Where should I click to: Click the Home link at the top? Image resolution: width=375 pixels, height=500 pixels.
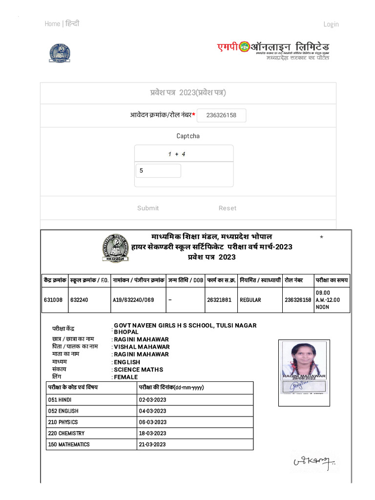point(52,24)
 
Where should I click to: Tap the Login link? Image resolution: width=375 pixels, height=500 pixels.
point(331,24)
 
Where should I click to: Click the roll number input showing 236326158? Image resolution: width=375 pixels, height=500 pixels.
point(222,115)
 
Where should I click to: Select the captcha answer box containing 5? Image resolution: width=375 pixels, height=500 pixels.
point(158,171)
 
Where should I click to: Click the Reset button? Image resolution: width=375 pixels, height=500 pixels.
point(227,208)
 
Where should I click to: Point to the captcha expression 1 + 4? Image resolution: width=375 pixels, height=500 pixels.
point(176,154)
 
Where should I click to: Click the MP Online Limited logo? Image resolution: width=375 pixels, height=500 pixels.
point(273,49)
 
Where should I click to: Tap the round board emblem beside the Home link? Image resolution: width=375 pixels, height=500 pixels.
point(59,53)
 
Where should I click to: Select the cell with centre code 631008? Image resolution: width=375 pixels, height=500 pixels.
point(53,300)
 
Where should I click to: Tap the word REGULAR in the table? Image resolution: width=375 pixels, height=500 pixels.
point(250,300)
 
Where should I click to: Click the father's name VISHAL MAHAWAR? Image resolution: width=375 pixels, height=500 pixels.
point(142,347)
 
